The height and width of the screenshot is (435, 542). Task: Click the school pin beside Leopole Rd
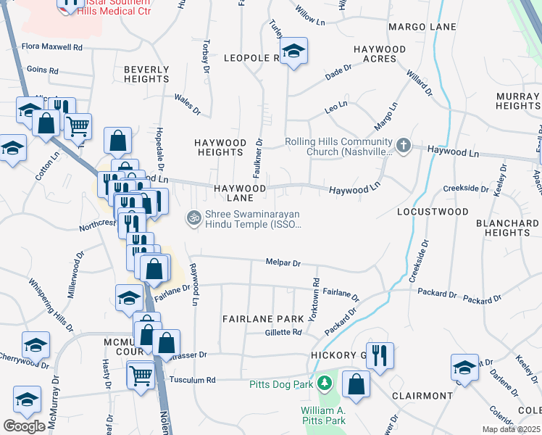(293, 51)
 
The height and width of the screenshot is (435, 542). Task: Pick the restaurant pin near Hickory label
(380, 355)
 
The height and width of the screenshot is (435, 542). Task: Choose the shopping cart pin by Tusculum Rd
(141, 375)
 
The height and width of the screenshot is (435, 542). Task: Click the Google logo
(24, 426)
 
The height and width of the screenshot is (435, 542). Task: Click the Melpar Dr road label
(283, 264)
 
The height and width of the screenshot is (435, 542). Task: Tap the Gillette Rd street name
(283, 332)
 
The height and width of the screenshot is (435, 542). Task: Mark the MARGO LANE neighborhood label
(422, 27)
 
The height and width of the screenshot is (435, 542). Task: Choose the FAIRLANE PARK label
(263, 319)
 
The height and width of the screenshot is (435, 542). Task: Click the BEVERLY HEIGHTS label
(146, 75)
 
